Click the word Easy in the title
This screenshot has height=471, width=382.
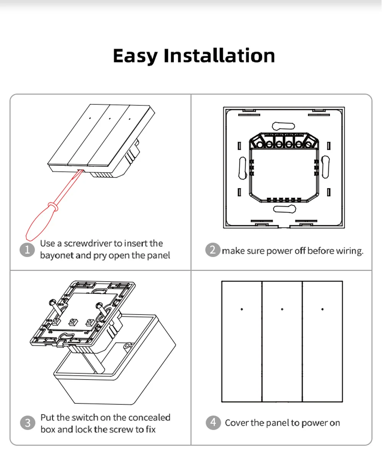coord(135,56)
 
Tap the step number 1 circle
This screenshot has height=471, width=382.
coord(27,250)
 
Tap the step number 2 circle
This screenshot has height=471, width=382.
coord(213,250)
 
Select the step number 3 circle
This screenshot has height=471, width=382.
coord(28,423)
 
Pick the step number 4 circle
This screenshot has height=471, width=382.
coord(213,422)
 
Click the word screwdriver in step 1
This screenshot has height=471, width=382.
coord(88,244)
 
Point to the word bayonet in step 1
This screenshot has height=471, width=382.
coord(57,256)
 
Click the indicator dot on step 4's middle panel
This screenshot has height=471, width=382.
coord(282,309)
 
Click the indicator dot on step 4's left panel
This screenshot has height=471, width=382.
coord(241,309)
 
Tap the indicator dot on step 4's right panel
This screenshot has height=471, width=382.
coord(322,309)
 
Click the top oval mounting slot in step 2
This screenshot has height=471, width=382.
coord(283,126)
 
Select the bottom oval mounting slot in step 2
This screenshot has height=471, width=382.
coord(285,209)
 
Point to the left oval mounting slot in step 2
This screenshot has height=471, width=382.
coord(242,168)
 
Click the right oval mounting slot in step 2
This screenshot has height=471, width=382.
coord(325,167)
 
